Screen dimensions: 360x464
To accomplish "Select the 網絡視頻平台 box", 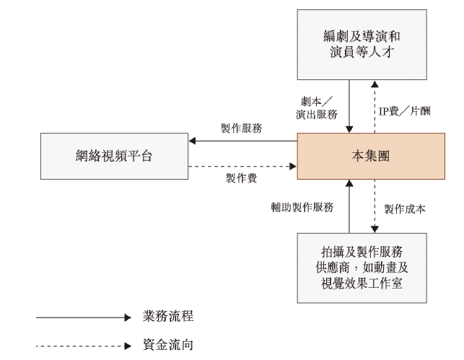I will (x=114, y=155).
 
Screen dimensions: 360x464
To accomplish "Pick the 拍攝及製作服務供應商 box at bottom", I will (x=361, y=267).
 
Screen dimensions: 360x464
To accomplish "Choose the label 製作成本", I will (x=405, y=208).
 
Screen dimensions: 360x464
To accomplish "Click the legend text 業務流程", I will (x=169, y=317).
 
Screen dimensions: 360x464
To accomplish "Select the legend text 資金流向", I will (x=169, y=345).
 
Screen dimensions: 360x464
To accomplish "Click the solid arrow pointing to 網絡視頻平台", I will (x=242, y=141).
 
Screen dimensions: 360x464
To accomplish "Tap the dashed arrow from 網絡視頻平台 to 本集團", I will (x=242, y=167).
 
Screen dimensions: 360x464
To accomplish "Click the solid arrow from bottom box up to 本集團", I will (x=349, y=206).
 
